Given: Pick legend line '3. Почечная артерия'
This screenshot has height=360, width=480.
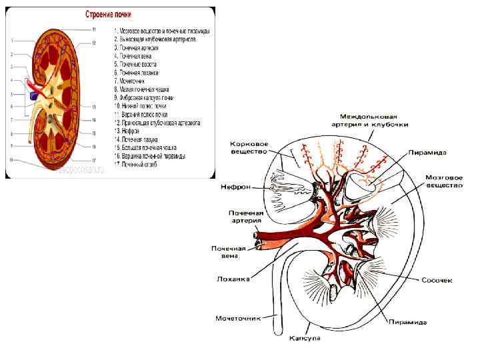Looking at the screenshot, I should (137, 49).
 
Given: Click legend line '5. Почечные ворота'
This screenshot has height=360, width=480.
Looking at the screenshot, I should (136, 65).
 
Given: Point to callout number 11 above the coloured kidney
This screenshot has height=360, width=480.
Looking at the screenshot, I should (94, 30).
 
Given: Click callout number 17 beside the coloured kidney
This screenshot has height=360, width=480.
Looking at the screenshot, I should (94, 160).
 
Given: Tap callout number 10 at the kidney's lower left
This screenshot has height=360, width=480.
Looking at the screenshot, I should (11, 159).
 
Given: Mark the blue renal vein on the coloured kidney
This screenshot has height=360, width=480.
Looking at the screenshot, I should (33, 97).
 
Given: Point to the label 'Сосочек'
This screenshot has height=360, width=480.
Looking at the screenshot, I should (437, 280).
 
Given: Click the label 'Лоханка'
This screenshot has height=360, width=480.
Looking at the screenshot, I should (233, 279).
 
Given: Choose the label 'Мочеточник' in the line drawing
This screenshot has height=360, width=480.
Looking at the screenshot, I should (237, 318).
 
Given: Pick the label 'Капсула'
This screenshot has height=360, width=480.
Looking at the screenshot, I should (304, 338).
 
